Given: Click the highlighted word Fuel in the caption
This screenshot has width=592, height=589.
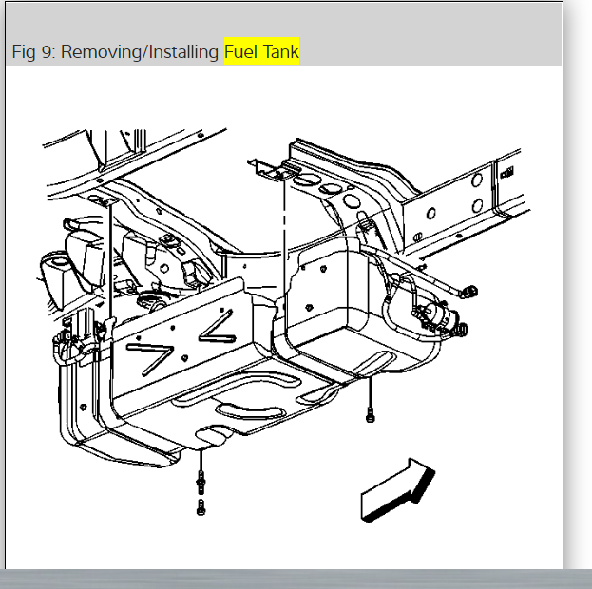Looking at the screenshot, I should (241, 52).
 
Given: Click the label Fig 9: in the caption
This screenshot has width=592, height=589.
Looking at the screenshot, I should (35, 52).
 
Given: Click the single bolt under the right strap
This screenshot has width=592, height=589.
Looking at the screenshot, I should (370, 412).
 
